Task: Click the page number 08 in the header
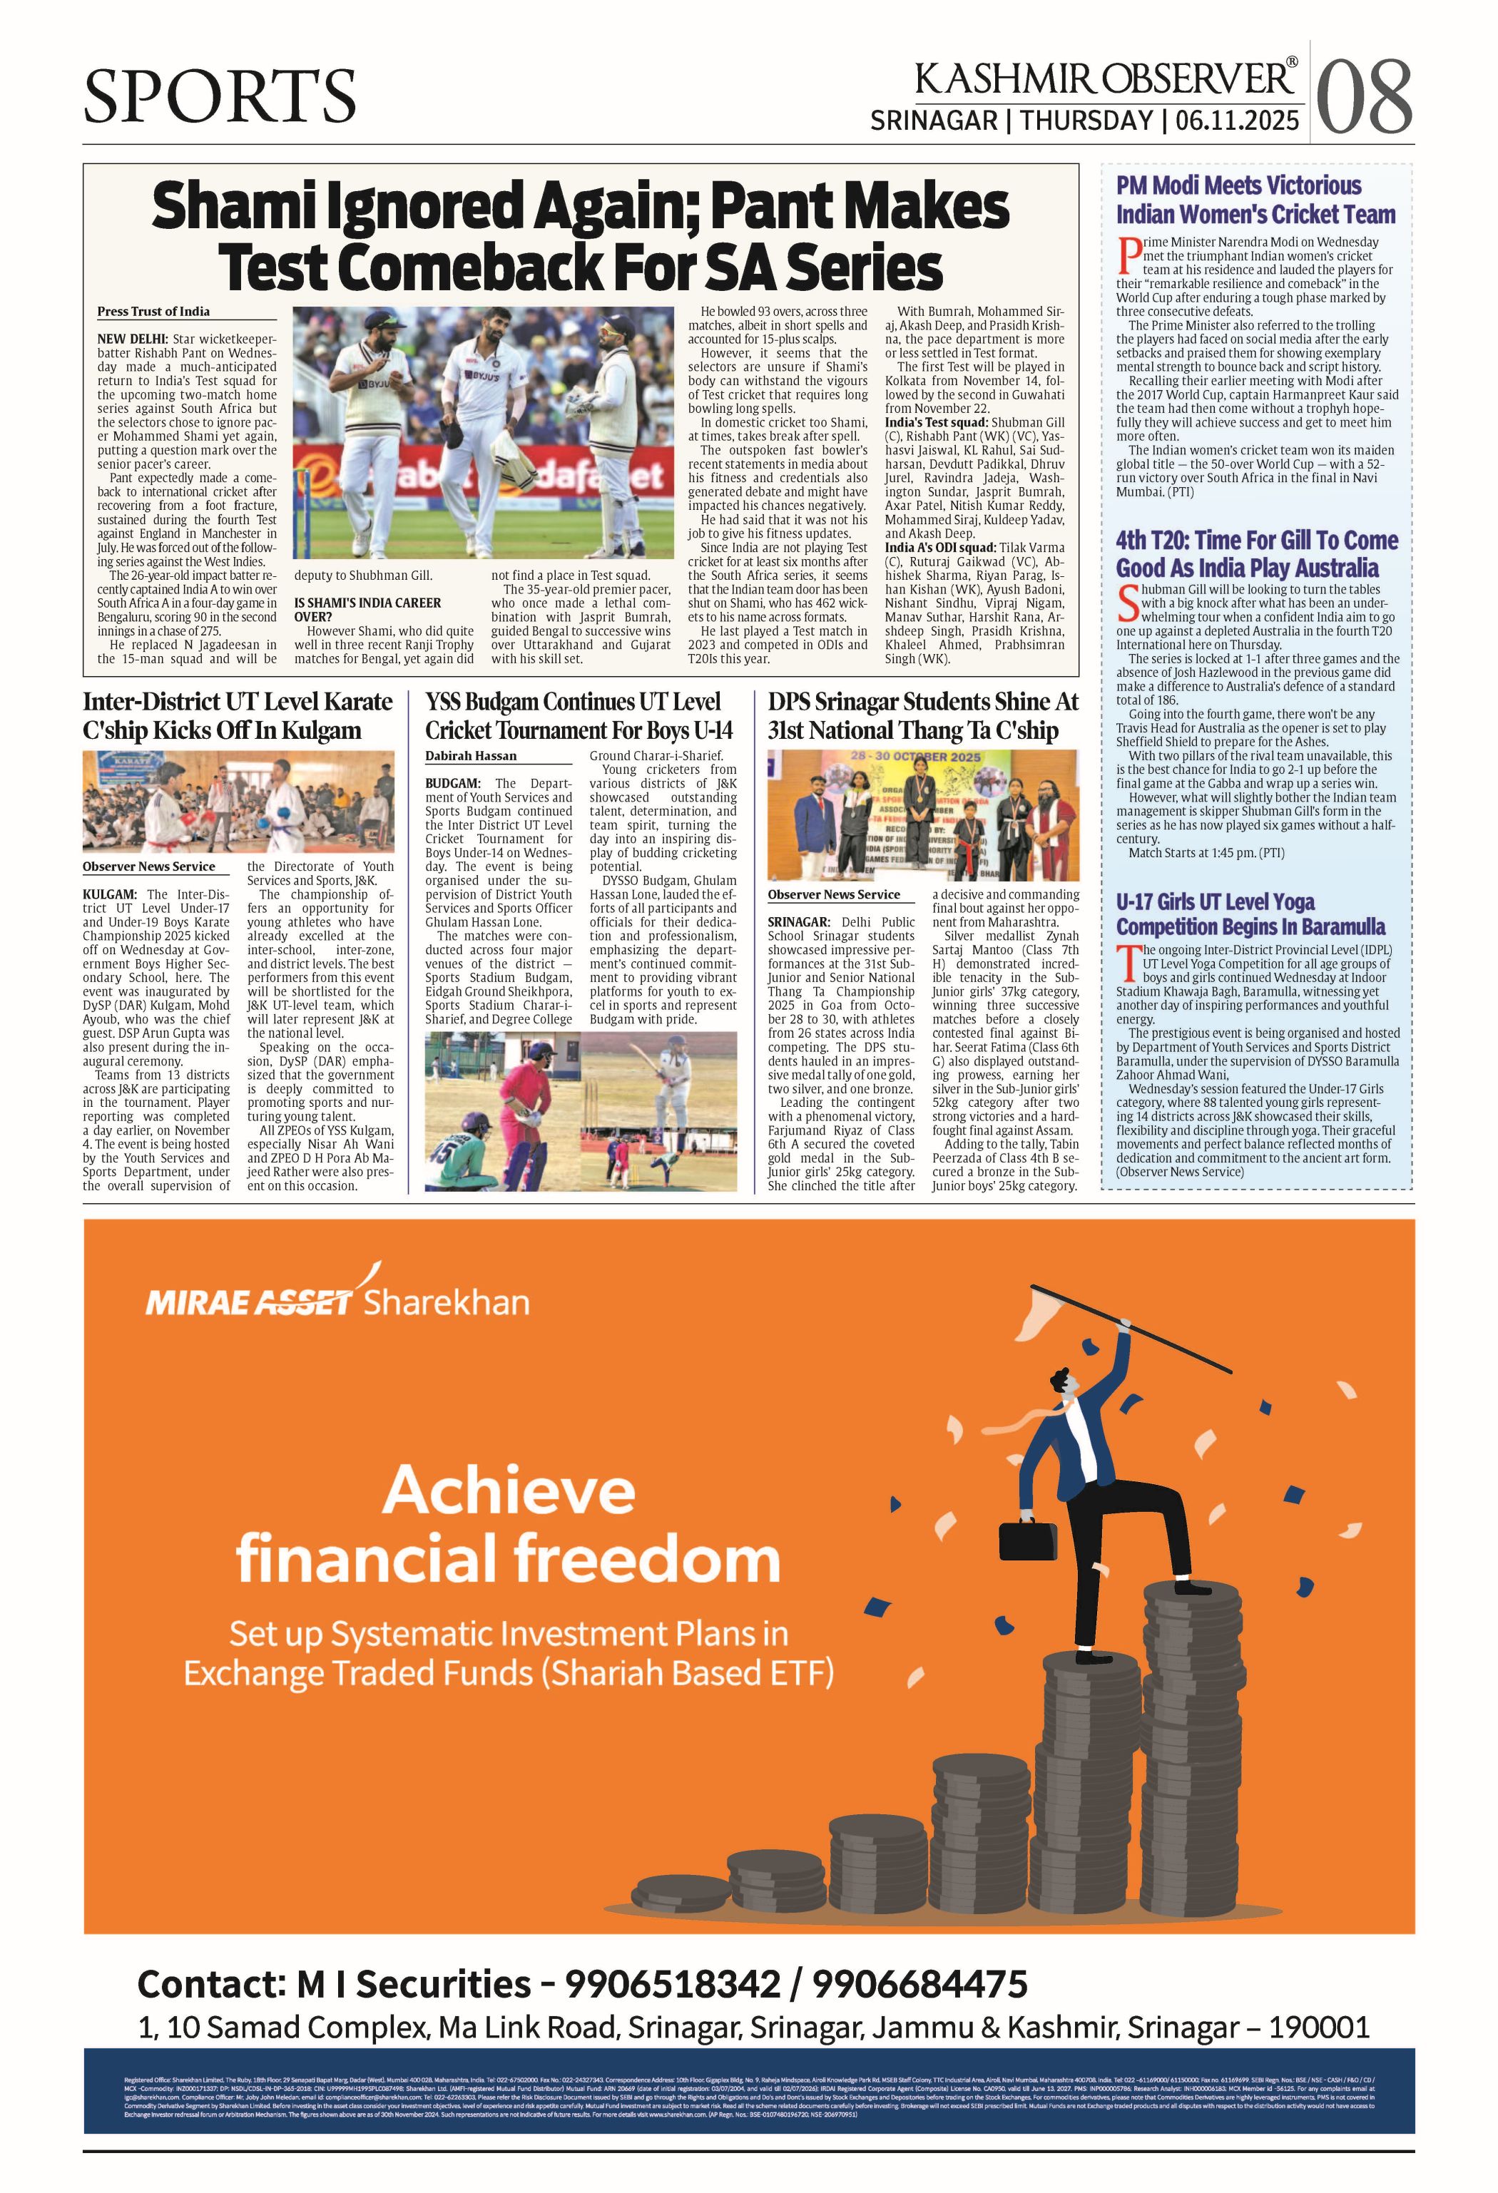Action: [x=1363, y=97]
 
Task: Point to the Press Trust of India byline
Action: [x=154, y=312]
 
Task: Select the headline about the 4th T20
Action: [x=1256, y=554]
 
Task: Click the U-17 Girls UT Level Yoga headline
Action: [x=1250, y=914]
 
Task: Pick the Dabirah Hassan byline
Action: [x=470, y=756]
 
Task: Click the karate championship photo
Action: [x=238, y=802]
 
